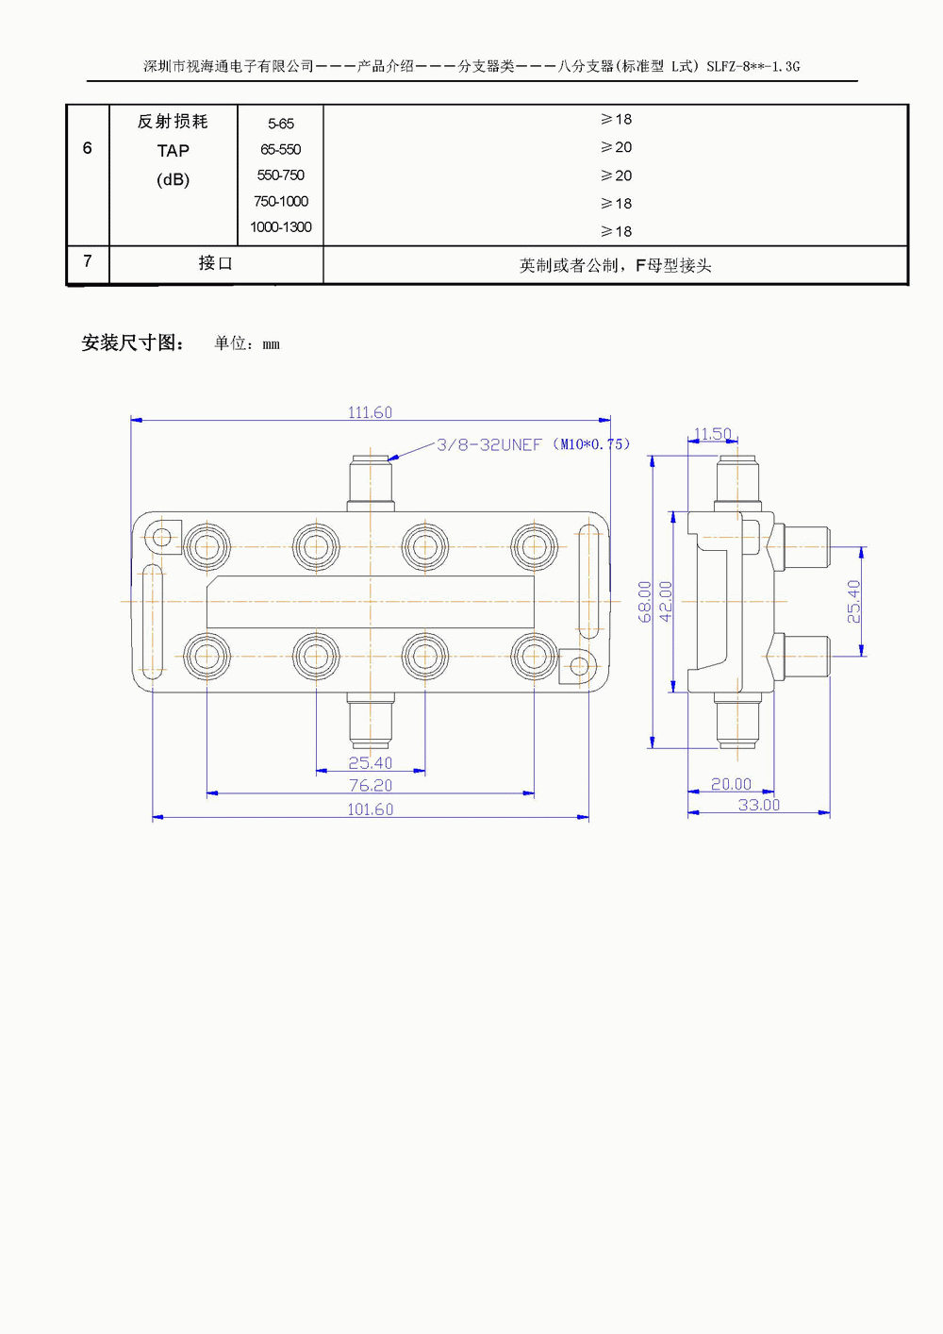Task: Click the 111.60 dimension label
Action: tap(370, 412)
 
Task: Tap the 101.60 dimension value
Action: tap(370, 809)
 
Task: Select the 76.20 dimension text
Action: tap(370, 785)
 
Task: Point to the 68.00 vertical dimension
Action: tap(645, 601)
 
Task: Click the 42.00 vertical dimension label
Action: tap(666, 601)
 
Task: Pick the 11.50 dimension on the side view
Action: tap(712, 434)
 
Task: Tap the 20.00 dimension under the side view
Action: tap(731, 784)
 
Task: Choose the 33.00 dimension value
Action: tap(758, 805)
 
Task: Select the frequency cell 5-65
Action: tap(280, 124)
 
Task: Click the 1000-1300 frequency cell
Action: tap(280, 227)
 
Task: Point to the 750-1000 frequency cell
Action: tap(280, 201)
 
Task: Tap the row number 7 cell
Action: tap(88, 261)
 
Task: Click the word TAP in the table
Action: tap(173, 151)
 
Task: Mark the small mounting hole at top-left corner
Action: tap(161, 538)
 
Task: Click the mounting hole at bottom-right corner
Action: tap(579, 666)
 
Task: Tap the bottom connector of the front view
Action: tap(371, 722)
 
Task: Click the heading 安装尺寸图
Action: tap(132, 343)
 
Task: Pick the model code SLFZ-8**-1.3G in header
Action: tap(753, 67)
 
